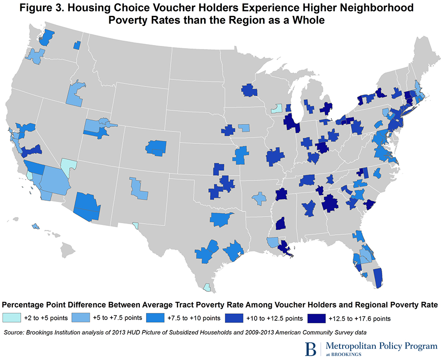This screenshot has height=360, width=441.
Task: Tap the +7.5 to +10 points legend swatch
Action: (x=158, y=317)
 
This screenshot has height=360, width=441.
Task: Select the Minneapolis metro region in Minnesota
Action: (x=249, y=90)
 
